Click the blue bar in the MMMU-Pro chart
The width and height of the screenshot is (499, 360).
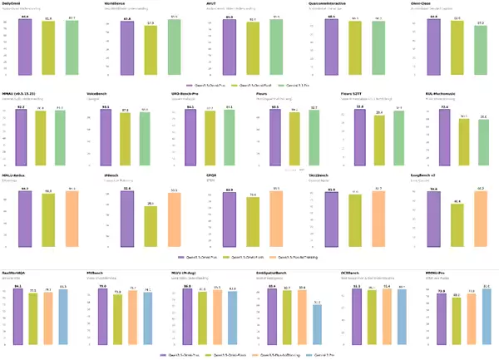(487, 316)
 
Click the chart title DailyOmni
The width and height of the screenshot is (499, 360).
(14, 4)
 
